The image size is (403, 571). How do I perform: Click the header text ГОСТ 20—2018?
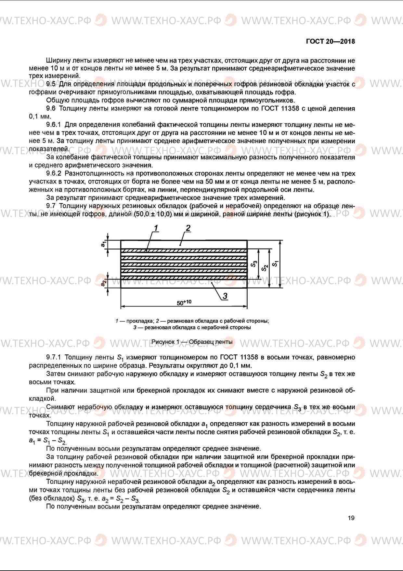(x=330, y=42)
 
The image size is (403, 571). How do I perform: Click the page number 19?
(x=351, y=518)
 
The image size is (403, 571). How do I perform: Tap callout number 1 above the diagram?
(x=156, y=228)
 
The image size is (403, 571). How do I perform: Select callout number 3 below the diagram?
(x=225, y=296)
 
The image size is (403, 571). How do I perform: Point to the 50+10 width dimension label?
(x=184, y=303)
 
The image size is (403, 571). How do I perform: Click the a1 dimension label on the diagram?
(x=103, y=243)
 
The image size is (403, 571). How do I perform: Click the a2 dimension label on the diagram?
(x=104, y=283)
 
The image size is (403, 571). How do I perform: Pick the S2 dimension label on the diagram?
(x=265, y=268)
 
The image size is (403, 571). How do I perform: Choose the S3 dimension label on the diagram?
(x=254, y=264)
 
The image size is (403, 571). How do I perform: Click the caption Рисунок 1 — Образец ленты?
(x=192, y=342)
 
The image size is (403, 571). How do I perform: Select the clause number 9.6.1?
(x=54, y=125)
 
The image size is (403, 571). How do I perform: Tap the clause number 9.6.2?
(x=54, y=173)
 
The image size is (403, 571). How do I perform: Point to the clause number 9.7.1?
(x=54, y=358)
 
